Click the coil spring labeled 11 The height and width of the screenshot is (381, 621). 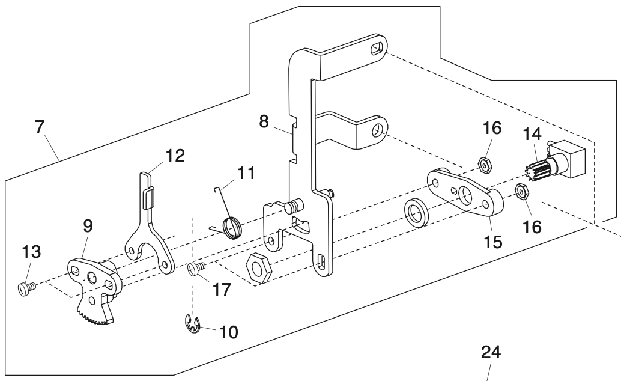point(232,227)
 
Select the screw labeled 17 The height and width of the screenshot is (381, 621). point(196,269)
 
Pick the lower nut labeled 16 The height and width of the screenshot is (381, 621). point(521,192)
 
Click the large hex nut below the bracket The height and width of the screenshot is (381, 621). point(259,266)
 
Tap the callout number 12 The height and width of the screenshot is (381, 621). point(175,155)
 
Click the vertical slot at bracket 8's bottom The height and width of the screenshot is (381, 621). point(321,261)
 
